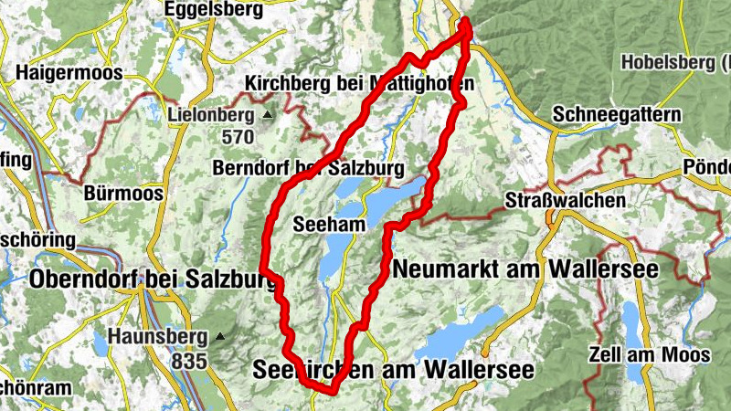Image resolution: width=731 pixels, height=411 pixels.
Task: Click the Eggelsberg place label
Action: pyautogui.click(x=214, y=10)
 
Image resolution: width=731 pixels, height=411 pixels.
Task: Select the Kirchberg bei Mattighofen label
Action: pyautogui.click(x=359, y=84)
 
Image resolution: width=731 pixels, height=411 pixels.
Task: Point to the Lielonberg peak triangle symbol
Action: pyautogui.click(x=268, y=116)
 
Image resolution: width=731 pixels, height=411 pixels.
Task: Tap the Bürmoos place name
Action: pyautogui.click(x=122, y=194)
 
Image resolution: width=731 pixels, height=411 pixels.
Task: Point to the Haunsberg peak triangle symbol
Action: pyautogui.click(x=220, y=336)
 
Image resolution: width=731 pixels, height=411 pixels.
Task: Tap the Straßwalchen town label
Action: pyautogui.click(x=567, y=199)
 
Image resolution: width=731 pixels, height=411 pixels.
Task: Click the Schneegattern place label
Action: pyautogui.click(x=617, y=115)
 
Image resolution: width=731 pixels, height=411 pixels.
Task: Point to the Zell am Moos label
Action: pyautogui.click(x=650, y=354)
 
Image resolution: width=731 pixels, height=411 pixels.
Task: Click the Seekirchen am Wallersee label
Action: pyautogui.click(x=392, y=370)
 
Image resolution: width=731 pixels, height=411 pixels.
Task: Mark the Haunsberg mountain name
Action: pyautogui.click(x=158, y=336)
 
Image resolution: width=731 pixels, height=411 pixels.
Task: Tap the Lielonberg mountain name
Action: pyautogui.click(x=211, y=116)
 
